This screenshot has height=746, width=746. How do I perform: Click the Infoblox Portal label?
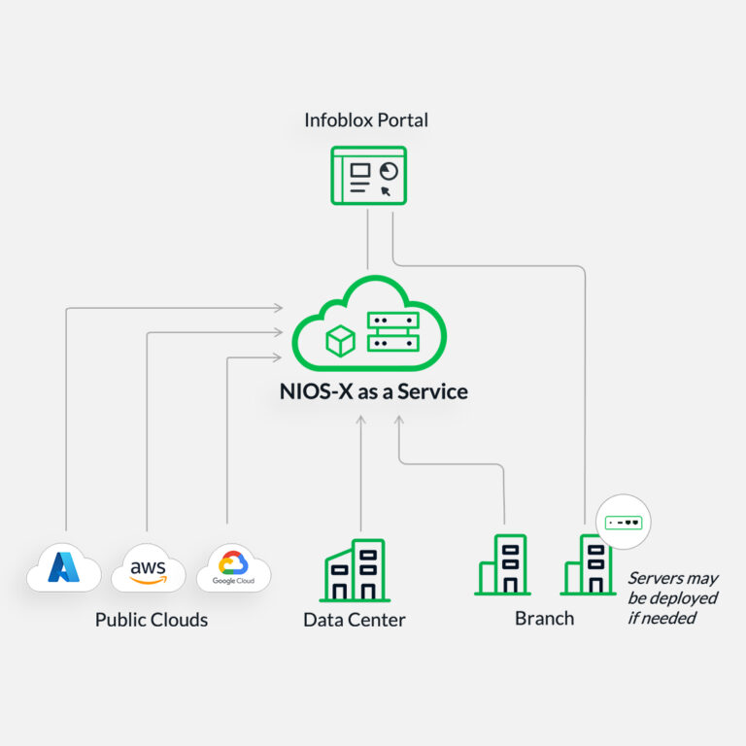pos(366,120)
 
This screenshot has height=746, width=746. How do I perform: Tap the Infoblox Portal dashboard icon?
pos(369,175)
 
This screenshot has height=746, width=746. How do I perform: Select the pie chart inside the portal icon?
pos(389,171)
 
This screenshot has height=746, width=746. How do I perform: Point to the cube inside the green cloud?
pos(340,339)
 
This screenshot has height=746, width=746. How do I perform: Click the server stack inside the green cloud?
pos(392,331)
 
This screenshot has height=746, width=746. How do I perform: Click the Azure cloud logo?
pos(63,568)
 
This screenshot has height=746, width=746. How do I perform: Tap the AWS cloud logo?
pos(148,568)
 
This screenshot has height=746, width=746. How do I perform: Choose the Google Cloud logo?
pos(234,568)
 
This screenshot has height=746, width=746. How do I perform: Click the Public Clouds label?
pos(152,620)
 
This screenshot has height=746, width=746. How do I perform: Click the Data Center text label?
pos(354,620)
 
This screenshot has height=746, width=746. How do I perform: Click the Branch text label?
pos(544,619)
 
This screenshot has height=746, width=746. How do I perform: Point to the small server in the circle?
pos(624,523)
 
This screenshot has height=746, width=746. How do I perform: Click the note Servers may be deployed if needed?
pos(672,597)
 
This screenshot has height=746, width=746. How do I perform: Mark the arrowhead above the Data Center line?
pos(360,421)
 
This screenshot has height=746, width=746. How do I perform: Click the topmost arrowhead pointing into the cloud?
pos(279,308)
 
